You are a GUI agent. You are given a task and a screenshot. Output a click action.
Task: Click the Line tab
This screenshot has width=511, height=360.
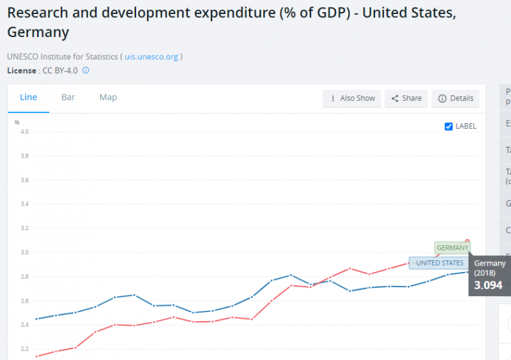[x=29, y=98]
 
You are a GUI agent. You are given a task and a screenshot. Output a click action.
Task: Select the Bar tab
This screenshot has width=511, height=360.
[x=68, y=98]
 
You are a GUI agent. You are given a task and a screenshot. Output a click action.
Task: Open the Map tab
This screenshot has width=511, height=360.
[x=108, y=98]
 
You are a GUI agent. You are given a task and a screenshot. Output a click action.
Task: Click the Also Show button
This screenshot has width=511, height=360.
[x=352, y=98]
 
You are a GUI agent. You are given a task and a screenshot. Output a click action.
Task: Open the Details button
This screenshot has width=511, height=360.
[x=456, y=98]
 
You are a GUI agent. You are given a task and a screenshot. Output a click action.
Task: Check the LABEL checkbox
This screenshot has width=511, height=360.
[x=449, y=126]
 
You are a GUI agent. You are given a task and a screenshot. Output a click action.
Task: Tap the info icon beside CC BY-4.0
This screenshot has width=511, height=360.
[x=86, y=70]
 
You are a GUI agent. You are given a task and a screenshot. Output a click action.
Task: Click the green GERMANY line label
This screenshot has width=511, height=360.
[x=452, y=248]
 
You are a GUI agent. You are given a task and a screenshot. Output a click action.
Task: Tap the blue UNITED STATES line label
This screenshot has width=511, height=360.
[x=439, y=263]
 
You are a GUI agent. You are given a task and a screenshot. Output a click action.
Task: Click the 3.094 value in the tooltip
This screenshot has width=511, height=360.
[x=488, y=285]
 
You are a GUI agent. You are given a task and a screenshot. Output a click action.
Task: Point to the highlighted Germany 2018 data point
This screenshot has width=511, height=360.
[x=468, y=241]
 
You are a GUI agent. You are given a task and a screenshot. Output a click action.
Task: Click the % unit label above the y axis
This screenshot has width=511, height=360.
[x=17, y=121]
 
